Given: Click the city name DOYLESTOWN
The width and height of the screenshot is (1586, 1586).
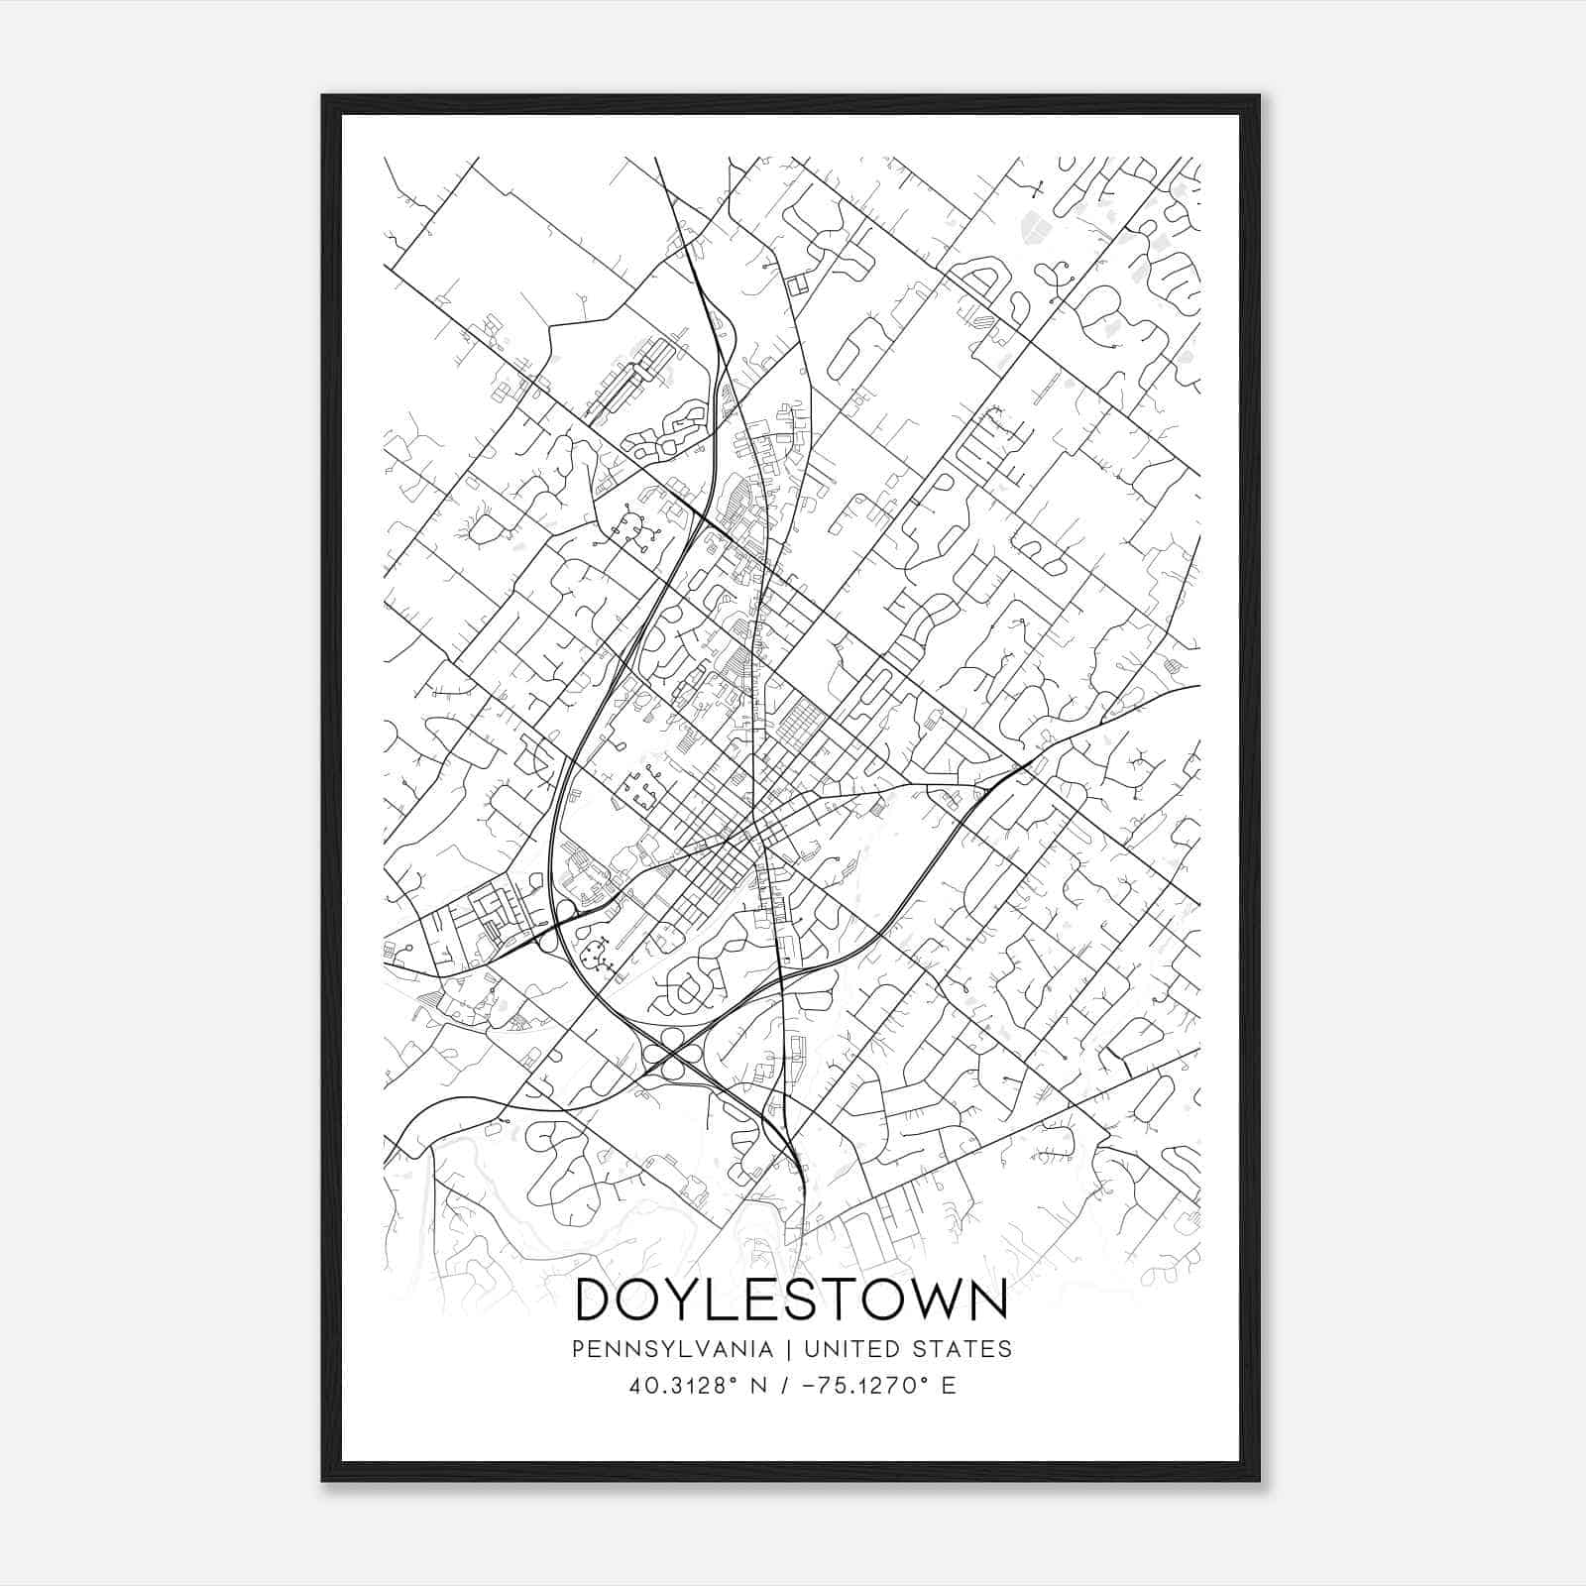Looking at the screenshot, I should click(791, 1300).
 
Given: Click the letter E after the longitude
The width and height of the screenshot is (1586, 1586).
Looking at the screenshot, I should click(949, 1386).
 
